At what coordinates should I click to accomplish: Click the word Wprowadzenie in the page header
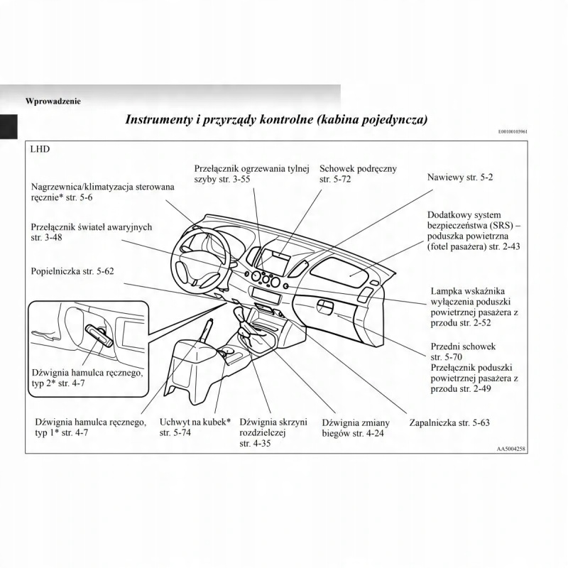point(53,101)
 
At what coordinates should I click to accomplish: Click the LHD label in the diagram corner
point(40,151)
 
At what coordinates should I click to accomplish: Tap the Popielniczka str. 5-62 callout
point(72,271)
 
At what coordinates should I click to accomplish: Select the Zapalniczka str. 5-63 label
point(449,422)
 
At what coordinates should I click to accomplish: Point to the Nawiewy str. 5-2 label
point(459,176)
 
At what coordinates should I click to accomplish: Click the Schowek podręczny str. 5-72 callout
point(358,174)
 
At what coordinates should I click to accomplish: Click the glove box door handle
point(326,307)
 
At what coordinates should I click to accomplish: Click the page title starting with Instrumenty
point(276,119)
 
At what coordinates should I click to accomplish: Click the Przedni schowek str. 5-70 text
point(463,351)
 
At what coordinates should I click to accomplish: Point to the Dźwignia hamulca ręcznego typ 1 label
point(91,427)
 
